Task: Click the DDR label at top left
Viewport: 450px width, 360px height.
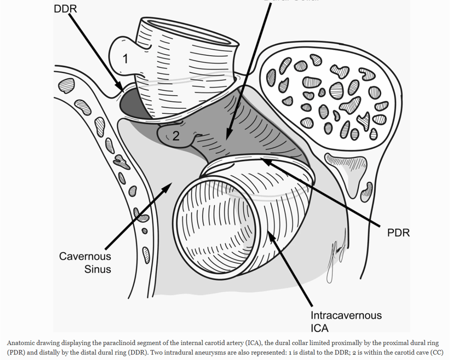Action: click(65, 8)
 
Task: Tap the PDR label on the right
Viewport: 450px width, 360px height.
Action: click(398, 233)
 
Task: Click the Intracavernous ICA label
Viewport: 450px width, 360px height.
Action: click(347, 321)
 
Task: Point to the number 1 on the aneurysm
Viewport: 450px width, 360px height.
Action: click(125, 59)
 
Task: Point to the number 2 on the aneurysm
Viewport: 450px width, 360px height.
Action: click(176, 136)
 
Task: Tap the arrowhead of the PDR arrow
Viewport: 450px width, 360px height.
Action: click(262, 161)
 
